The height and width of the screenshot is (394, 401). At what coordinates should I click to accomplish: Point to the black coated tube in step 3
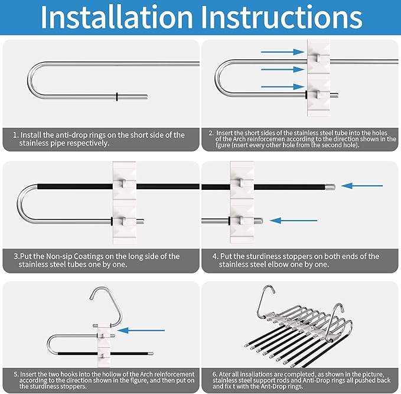(x=71, y=186)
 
